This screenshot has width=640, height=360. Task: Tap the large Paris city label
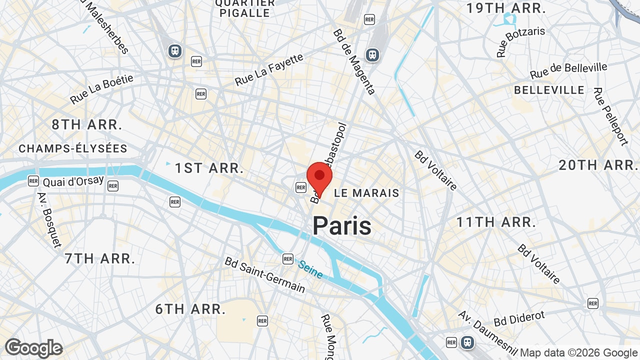pyautogui.click(x=342, y=225)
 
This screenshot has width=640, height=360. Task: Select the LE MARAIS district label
pyautogui.click(x=366, y=193)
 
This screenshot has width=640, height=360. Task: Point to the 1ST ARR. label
pyautogui.click(x=209, y=168)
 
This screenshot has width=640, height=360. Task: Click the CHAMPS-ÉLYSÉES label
pyautogui.click(x=73, y=149)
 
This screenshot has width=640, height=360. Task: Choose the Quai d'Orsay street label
pyautogui.click(x=73, y=181)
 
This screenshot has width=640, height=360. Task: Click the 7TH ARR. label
pyautogui.click(x=100, y=258)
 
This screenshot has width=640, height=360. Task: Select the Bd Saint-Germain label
pyautogui.click(x=264, y=274)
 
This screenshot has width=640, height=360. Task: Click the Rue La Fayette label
pyautogui.click(x=269, y=69)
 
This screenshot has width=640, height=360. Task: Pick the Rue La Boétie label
pyautogui.click(x=102, y=89)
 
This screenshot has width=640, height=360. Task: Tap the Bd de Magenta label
pyautogui.click(x=354, y=61)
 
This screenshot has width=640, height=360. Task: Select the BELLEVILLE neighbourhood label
pyautogui.click(x=549, y=90)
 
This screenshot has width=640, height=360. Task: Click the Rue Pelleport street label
pyautogui.click(x=610, y=116)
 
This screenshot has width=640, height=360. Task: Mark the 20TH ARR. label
pyautogui.click(x=598, y=165)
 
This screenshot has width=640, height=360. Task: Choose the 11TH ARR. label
pyautogui.click(x=496, y=222)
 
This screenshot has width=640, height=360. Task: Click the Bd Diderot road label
pyautogui.click(x=519, y=318)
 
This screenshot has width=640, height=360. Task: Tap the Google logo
pyautogui.click(x=33, y=348)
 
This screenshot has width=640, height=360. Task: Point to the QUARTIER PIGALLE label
pyautogui.click(x=245, y=8)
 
